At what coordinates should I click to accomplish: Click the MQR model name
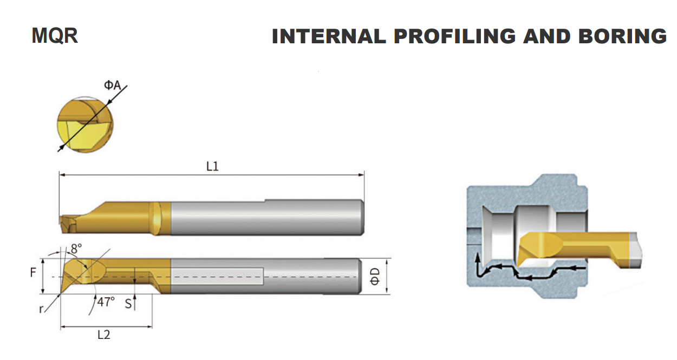tap(55, 36)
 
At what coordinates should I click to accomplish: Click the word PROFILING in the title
tap(454, 37)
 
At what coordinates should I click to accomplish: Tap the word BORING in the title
tap(622, 37)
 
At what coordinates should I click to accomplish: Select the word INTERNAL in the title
tap(329, 37)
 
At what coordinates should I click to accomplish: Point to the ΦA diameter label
tap(113, 85)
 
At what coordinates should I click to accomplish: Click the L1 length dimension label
tap(212, 166)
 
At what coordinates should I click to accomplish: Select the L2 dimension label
tap(104, 335)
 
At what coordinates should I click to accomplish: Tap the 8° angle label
tap(76, 248)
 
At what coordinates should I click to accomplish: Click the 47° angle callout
tap(106, 302)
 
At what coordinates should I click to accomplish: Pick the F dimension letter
tap(33, 273)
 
